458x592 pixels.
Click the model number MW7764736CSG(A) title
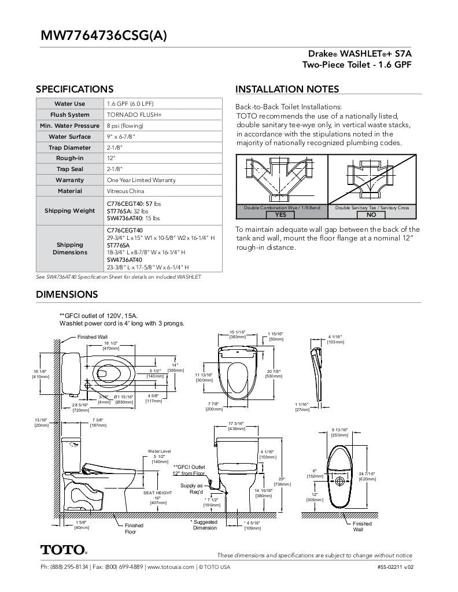[x=104, y=35]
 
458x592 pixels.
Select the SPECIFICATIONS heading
[x=75, y=89]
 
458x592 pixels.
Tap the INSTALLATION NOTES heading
[x=287, y=89]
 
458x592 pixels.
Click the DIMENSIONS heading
[x=67, y=294]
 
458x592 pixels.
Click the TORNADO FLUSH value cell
[x=134, y=115]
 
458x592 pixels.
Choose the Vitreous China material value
[x=125, y=191]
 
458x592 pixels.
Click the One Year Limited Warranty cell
[x=141, y=180]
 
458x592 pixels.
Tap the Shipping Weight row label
[x=69, y=210]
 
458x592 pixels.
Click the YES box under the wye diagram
[x=280, y=214]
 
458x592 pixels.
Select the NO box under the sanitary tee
[x=371, y=214]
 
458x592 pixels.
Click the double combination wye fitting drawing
[x=281, y=179]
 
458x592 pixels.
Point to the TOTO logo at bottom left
[x=64, y=549]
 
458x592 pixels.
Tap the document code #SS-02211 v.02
[x=395, y=567]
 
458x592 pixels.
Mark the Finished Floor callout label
[x=134, y=528]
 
